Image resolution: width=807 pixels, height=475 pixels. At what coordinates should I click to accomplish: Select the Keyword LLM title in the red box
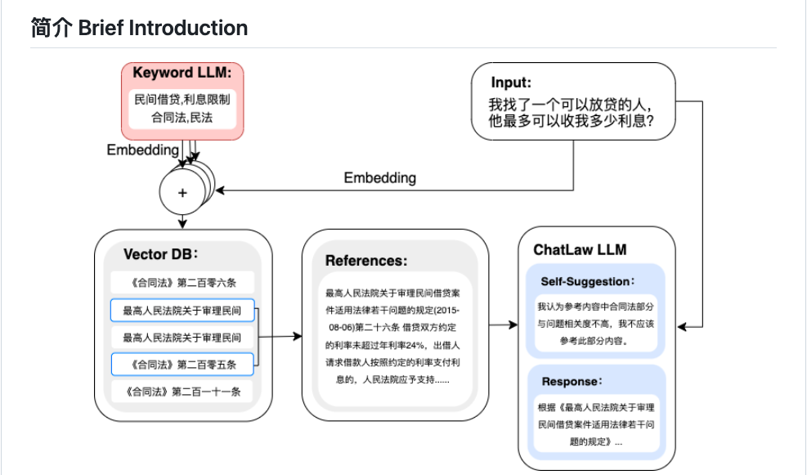pos(182,74)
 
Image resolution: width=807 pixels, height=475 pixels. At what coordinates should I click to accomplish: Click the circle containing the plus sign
pos(182,193)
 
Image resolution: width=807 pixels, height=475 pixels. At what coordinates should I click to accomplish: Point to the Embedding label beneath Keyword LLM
pos(142,150)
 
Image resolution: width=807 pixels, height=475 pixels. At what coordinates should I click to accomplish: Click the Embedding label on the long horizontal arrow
pos(379,177)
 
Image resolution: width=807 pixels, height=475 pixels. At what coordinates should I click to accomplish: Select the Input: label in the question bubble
pos(511,83)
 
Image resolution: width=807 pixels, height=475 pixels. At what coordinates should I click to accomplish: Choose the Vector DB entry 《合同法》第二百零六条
pos(182,284)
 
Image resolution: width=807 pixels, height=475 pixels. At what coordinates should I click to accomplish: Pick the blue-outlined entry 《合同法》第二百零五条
pos(182,364)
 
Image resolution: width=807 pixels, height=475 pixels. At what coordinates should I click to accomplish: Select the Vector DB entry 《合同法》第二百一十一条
pos(182,392)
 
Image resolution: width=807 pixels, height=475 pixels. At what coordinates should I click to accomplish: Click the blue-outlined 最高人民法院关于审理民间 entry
pos(182,311)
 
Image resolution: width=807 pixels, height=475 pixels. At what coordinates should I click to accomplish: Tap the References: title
pos(365,261)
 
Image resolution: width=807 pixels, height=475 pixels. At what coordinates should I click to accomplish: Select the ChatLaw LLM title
pos(580,249)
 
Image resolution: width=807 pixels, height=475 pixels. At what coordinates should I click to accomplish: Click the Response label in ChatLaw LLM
pos(572,381)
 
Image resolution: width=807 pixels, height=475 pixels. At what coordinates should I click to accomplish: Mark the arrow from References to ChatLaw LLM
pos(503,325)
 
